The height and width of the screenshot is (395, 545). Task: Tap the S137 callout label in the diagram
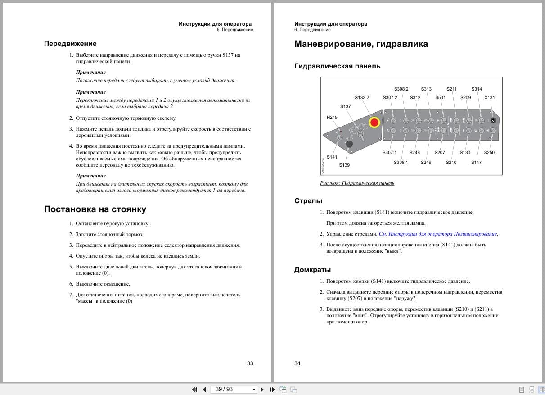[346, 107]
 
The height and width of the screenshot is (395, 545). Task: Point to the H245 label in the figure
[332, 118]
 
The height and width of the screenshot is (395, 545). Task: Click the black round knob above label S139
[348, 144]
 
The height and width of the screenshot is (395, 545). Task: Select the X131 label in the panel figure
[490, 97]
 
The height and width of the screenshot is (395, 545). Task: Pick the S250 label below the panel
[489, 153]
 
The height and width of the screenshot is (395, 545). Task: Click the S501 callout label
[440, 97]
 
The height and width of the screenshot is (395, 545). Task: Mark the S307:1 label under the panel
[390, 153]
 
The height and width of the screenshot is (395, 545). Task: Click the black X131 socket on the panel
[493, 121]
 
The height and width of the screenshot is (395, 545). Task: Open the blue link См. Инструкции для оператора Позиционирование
[438, 234]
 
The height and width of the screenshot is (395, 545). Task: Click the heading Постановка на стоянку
[95, 209]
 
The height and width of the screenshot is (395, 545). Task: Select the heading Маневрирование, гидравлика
[361, 44]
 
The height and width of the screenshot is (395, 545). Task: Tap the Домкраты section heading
[312, 270]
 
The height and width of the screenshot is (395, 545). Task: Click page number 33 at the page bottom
[250, 363]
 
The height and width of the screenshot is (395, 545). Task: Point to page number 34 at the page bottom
[297, 363]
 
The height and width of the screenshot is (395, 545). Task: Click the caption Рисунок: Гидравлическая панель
[357, 183]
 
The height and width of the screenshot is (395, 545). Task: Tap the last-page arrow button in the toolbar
[272, 390]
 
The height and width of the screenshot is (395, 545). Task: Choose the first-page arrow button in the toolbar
[194, 390]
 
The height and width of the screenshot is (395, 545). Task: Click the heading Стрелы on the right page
[308, 201]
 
